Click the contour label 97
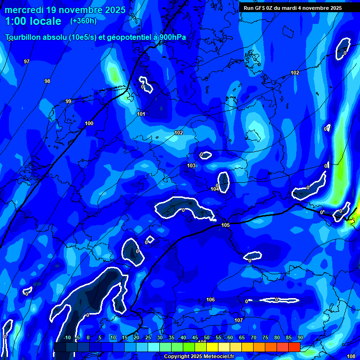(27, 61)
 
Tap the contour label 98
(47, 81)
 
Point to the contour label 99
(68, 101)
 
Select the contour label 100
(89, 123)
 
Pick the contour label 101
(141, 114)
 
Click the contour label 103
(191, 165)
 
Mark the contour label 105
(225, 225)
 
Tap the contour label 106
(210, 300)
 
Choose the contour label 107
(239, 320)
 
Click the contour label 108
(351, 356)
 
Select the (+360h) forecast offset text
(83, 21)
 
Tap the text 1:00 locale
(33, 21)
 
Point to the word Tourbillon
(24, 37)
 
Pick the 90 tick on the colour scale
(300, 337)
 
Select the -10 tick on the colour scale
(67, 337)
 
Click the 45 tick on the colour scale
(195, 337)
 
